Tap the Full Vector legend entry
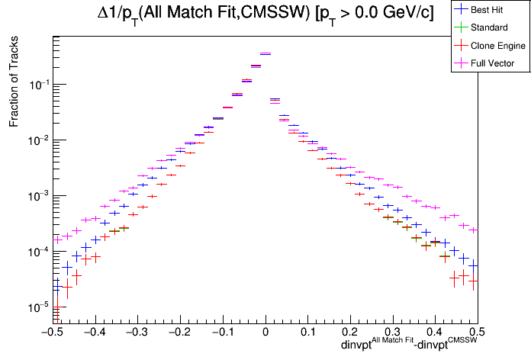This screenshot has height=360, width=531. pos(493,63)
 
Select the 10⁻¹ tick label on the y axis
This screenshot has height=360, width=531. pos(36,85)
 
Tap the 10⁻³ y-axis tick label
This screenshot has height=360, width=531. pos(36,196)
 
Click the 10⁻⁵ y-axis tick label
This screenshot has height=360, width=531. pos(36,307)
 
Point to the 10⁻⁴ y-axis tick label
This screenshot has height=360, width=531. pos(36,252)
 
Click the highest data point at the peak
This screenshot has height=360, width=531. pos(265,53)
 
